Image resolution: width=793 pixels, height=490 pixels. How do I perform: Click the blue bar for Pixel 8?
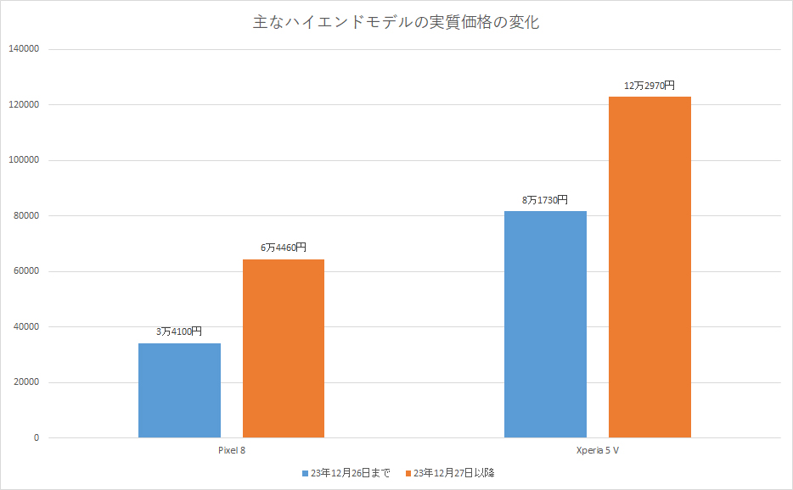tap(179, 390)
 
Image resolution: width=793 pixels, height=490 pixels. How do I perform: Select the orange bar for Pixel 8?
tap(284, 348)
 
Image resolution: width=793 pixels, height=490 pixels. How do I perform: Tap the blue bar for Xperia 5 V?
tap(545, 324)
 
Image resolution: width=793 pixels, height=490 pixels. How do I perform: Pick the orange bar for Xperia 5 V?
tap(650, 267)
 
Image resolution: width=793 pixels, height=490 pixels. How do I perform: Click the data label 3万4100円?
tap(179, 332)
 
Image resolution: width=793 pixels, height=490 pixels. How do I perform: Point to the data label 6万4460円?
tap(284, 248)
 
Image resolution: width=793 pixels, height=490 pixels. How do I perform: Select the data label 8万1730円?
tap(545, 200)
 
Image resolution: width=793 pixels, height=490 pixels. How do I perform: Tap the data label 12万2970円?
tap(650, 86)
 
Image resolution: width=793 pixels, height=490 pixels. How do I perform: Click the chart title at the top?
tap(396, 23)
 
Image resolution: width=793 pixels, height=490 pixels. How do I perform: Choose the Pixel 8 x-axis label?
tap(231, 449)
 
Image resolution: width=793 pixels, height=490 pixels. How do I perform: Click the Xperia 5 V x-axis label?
tap(597, 449)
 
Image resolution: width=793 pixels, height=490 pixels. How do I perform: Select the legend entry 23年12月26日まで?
tap(346, 472)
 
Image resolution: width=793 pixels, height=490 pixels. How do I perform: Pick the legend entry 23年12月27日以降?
tap(449, 472)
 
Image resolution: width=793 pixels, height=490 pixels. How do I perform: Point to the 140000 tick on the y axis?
tap(24, 49)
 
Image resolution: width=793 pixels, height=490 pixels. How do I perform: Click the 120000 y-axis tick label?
tap(24, 105)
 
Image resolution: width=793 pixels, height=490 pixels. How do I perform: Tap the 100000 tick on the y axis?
tap(24, 160)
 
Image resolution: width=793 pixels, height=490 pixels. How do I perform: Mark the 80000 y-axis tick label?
tap(26, 216)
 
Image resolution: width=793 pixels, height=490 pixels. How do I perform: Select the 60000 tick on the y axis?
tap(26, 271)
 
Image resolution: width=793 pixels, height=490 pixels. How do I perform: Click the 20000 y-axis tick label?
tap(26, 382)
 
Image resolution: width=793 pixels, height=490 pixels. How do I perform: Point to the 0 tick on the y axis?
tap(37, 438)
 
